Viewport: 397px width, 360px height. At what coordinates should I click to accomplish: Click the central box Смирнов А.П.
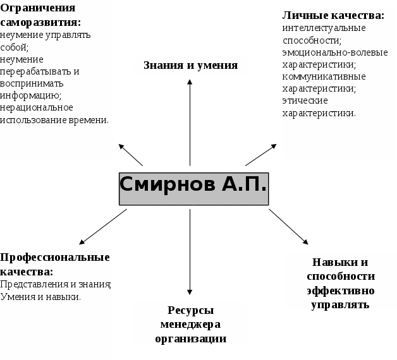tap(193, 188)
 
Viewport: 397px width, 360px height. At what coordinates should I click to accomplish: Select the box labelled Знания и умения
tap(190, 66)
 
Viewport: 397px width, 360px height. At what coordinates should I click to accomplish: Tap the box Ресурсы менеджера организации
tap(190, 324)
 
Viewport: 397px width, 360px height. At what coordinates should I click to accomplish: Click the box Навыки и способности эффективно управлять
tap(340, 282)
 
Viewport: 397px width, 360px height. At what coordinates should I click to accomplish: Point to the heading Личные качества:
tap(333, 15)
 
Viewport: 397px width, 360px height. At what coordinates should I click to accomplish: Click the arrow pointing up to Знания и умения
tap(190, 120)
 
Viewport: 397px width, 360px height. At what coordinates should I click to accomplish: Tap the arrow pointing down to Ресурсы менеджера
tap(190, 253)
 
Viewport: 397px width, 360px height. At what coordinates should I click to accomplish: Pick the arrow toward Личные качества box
tap(261, 154)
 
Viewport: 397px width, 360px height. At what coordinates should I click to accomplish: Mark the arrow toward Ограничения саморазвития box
tap(131, 155)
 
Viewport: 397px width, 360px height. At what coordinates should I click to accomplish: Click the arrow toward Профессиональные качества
tap(103, 227)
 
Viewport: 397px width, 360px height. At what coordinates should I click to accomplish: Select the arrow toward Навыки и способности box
tap(289, 226)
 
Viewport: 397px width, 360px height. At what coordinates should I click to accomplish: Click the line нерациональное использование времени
tap(54, 114)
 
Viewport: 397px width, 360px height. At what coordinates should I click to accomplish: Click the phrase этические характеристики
tap(319, 107)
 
